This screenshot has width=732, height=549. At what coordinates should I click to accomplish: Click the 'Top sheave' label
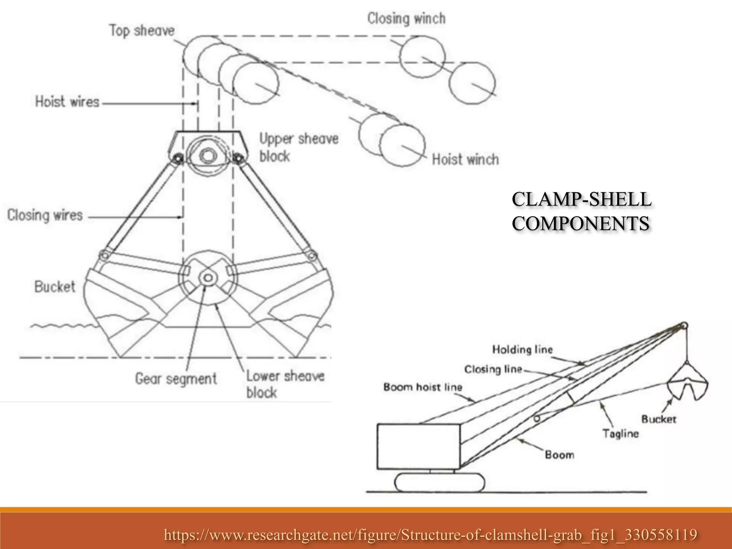click(x=142, y=31)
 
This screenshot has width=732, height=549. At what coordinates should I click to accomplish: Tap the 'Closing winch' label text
click(x=406, y=19)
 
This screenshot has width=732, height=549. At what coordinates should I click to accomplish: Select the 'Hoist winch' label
click(x=465, y=159)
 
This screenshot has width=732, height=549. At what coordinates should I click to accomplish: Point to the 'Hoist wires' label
click(x=67, y=102)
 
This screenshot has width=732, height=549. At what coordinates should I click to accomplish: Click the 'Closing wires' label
click(x=45, y=216)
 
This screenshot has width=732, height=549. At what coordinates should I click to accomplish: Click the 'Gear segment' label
click(x=176, y=379)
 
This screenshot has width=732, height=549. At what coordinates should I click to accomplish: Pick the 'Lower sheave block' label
click(x=285, y=384)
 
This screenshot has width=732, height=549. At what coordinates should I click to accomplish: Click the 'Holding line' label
click(x=522, y=349)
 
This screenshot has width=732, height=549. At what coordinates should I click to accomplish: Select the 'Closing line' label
click(x=493, y=369)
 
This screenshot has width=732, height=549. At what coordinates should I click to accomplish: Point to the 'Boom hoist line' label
click(x=423, y=387)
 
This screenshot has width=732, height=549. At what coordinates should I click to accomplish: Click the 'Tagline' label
click(x=620, y=434)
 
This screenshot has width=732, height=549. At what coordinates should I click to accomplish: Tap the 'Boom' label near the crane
click(x=559, y=455)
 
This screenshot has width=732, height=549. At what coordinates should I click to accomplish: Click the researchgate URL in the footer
click(x=430, y=535)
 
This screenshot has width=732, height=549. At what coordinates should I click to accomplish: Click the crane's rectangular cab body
click(x=418, y=447)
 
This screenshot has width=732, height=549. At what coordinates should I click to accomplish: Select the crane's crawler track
click(x=440, y=482)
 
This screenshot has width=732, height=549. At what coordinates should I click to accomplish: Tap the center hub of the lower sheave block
click(x=207, y=278)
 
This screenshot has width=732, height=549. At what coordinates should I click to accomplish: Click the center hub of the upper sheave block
click(x=206, y=156)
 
